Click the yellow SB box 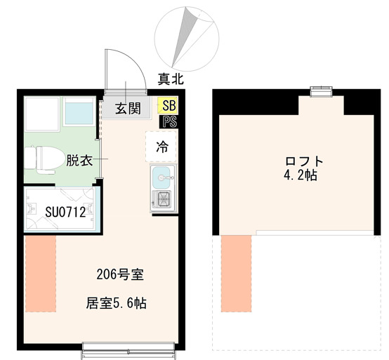point(169,106)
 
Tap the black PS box point(169,121)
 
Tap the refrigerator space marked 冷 point(162,147)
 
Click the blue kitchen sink point(162,177)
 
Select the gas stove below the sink point(162,199)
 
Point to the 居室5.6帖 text point(116,304)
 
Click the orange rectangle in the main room point(40,274)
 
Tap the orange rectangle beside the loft point(236,274)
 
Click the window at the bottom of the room point(128,345)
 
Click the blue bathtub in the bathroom point(79,112)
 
